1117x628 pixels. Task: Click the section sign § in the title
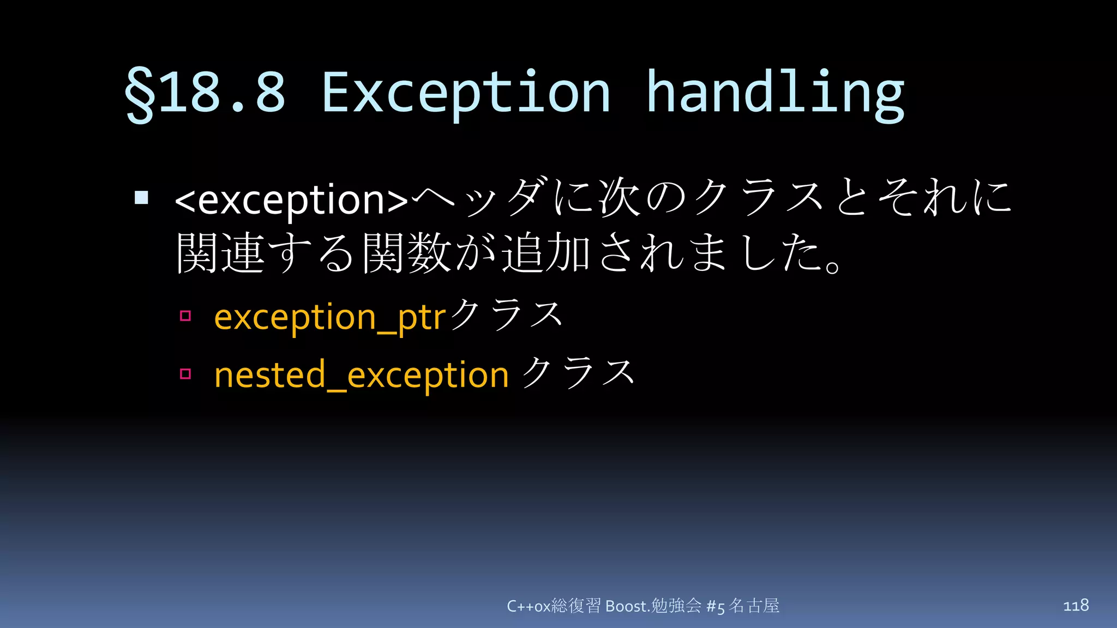139,94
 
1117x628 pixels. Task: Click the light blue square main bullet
141,197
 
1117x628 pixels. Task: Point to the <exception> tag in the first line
291,200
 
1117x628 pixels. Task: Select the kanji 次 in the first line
618,197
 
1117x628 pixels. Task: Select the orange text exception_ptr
330,317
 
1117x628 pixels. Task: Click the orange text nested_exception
361,375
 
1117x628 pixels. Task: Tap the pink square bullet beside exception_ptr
185,316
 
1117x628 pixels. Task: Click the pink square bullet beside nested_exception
185,373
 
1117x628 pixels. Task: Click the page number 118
1076,605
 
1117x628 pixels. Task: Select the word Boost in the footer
627,606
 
